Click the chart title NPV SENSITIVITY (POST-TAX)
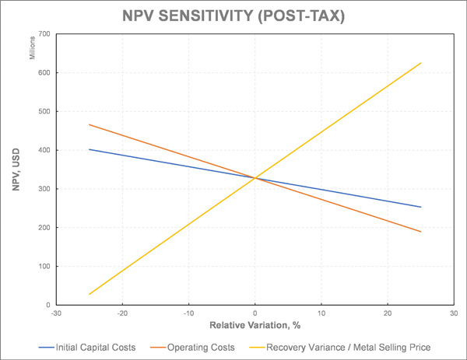pyautogui.click(x=233, y=16)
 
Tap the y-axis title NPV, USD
pyautogui.click(x=14, y=170)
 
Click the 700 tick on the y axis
pyautogui.click(x=44, y=34)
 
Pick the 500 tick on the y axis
pyautogui.click(x=44, y=112)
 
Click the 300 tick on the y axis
pyautogui.click(x=44, y=189)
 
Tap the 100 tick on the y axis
pyautogui.click(x=44, y=267)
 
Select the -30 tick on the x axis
pyautogui.click(x=56, y=313)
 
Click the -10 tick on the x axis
pyautogui.click(x=188, y=313)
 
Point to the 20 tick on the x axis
pyautogui.click(x=387, y=313)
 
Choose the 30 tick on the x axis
pyautogui.click(x=453, y=313)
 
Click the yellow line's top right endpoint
pyautogui.click(x=420, y=63)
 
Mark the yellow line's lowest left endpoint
pyautogui.click(x=90, y=294)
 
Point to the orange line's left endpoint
pyautogui.click(x=90, y=124)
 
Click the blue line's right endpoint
pyautogui.click(x=420, y=207)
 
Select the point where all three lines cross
pyautogui.click(x=255, y=178)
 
